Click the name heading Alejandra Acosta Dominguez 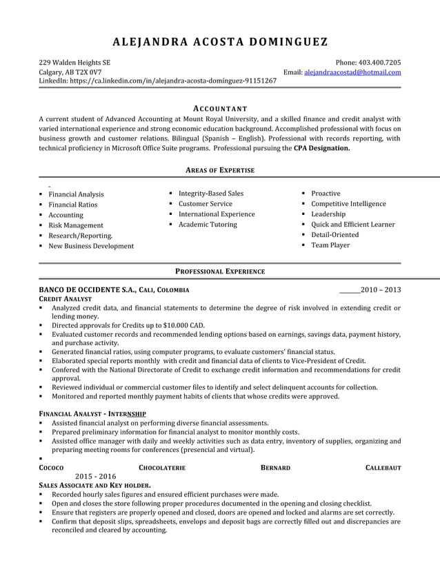point(220,41)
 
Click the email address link point(352,72)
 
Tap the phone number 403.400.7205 point(374,62)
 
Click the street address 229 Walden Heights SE point(74,62)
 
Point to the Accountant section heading point(220,109)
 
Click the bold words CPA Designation point(321,147)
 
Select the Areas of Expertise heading point(220,170)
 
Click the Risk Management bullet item point(76,225)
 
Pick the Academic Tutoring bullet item point(208,225)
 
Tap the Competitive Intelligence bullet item point(348,204)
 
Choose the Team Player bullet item point(330,245)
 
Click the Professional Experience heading point(220,272)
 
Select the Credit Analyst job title point(66,300)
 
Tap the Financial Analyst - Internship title point(92,413)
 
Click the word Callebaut point(383,468)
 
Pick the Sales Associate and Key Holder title point(94,486)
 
